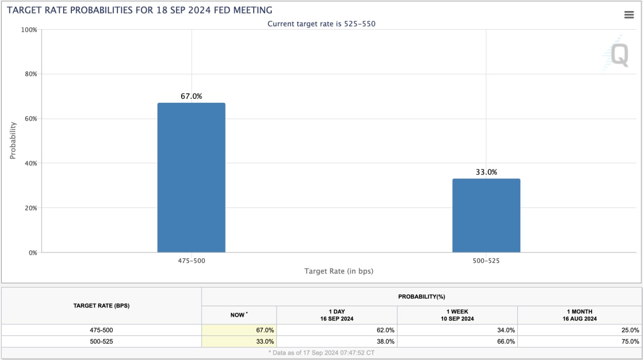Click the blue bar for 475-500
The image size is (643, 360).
tap(191, 178)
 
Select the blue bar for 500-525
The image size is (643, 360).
tap(486, 216)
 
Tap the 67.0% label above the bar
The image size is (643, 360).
tap(191, 96)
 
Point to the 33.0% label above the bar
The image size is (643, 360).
tap(486, 172)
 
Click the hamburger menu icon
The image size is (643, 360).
tap(629, 15)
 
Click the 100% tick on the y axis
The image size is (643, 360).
tap(29, 30)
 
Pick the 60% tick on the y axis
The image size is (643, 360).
tap(30, 119)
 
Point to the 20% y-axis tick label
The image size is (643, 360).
tap(30, 208)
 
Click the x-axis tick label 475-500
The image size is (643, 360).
tap(191, 260)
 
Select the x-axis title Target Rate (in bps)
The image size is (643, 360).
tap(338, 271)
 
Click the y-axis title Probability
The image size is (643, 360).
tap(13, 141)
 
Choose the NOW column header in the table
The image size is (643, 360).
tap(238, 314)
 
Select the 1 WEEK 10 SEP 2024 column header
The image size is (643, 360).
tap(457, 314)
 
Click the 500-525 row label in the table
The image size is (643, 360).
tap(101, 341)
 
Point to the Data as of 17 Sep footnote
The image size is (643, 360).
tap(321, 354)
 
